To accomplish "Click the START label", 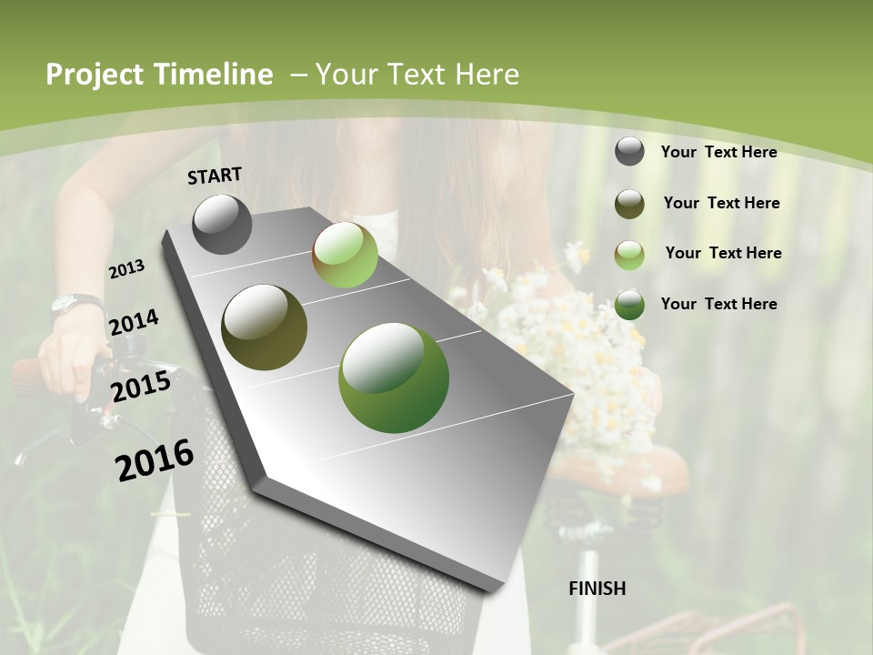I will coord(215,176).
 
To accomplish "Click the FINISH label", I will coord(597,589).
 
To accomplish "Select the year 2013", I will coord(126,269).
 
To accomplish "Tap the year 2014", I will coord(134,323).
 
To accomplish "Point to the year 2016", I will coord(155,459).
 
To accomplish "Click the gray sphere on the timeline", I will coord(222,224).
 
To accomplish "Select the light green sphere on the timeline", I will coord(345,255).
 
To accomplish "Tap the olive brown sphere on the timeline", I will coord(264,327).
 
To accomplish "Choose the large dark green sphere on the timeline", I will coord(393,378).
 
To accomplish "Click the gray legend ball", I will coord(629,151).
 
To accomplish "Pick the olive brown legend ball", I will coord(629,204).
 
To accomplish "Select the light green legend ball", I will coord(629,255).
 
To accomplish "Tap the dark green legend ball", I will coord(629,305).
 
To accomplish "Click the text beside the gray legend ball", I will coord(718,152).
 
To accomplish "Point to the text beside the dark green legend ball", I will coord(718,304).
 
